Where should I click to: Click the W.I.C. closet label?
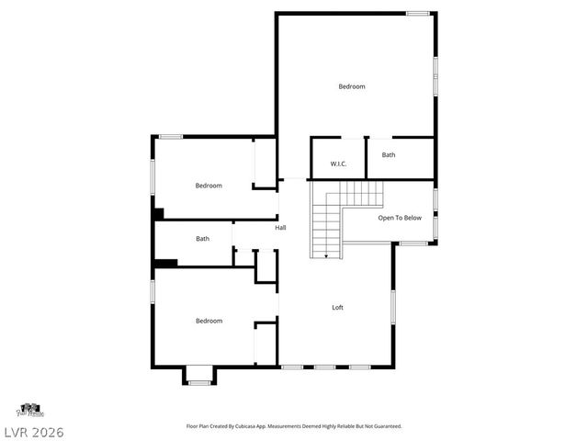337,164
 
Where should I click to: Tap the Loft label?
337,308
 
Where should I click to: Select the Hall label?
280,228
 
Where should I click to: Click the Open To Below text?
400,218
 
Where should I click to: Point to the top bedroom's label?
351,87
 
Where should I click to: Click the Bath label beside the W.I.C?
389,155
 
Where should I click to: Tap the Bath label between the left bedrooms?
202,239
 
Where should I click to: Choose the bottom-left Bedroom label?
209,321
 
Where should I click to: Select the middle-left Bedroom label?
209,186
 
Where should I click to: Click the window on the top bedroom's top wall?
418,13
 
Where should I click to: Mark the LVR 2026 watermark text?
32,431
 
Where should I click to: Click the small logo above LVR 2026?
28,409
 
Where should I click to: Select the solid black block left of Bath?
165,264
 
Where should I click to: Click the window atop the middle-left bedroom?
170,137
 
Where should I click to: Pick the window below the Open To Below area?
413,243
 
